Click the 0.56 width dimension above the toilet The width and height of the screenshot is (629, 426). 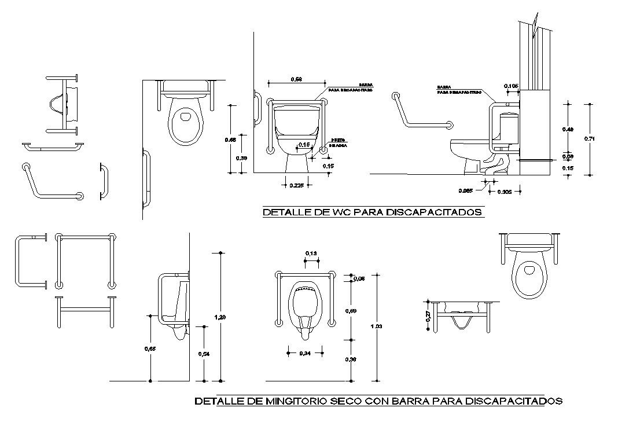(296, 79)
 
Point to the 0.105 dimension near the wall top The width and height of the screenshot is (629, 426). (511, 86)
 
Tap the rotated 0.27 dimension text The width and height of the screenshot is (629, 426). (428, 316)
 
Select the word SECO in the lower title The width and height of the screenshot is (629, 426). (346, 401)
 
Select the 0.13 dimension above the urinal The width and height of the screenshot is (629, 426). (311, 254)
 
